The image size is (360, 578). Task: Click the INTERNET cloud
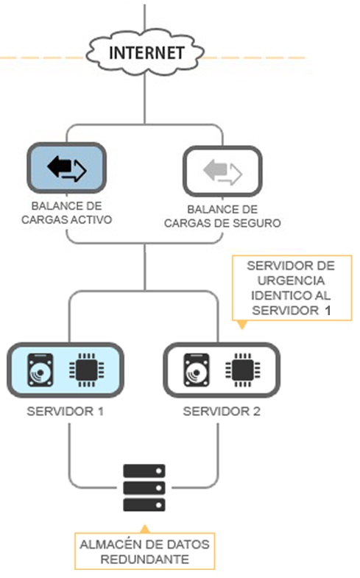pos(145,54)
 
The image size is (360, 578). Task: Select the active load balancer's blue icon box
pos(67,169)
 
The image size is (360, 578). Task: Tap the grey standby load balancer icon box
pos(222,172)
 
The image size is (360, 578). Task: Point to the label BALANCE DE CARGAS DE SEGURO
pos(222,216)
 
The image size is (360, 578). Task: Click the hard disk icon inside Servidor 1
pos(40,370)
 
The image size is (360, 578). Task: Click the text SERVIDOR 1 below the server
pos(65,411)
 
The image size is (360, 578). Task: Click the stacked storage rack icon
pos(144,487)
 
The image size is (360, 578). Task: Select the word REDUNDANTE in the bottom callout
pos(144,560)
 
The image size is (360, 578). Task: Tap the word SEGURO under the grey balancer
pos(260,223)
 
